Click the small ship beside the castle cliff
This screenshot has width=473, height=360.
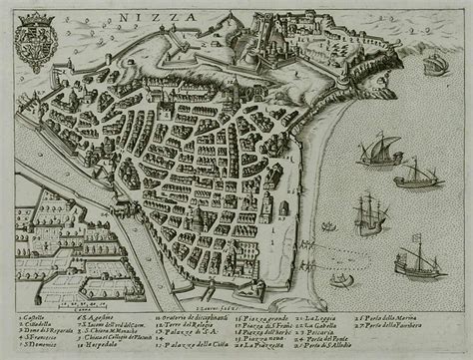(x=434, y=66)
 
